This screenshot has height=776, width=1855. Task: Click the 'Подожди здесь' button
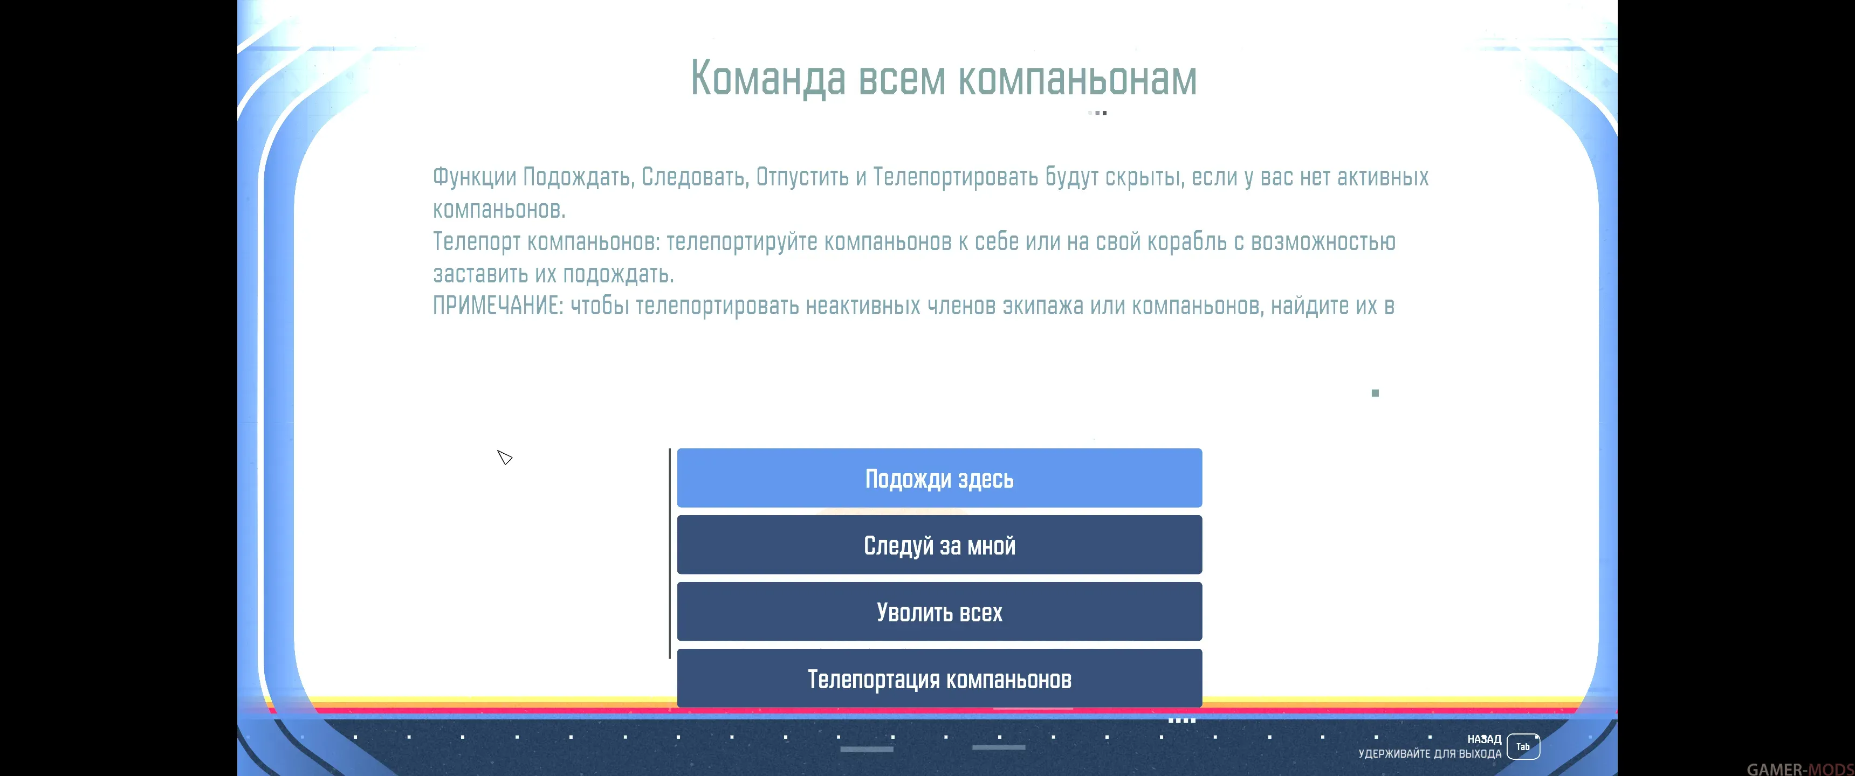[939, 478]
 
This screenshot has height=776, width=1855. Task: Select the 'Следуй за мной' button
[939, 545]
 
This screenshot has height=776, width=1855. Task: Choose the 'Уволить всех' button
[939, 612]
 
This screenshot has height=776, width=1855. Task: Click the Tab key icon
[1523, 746]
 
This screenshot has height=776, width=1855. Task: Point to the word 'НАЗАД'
[1484, 739]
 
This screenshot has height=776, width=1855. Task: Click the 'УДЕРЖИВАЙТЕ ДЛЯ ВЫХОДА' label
[1430, 754]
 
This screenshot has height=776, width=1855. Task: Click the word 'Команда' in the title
[768, 79]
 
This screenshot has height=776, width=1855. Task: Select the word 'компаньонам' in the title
[1077, 79]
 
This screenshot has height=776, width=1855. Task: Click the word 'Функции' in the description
[475, 177]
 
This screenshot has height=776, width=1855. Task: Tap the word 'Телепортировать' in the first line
[956, 177]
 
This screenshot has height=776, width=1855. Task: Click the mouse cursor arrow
[504, 457]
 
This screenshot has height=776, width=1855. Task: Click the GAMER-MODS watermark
[1801, 769]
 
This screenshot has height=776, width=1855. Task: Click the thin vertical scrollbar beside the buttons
[670, 553]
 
